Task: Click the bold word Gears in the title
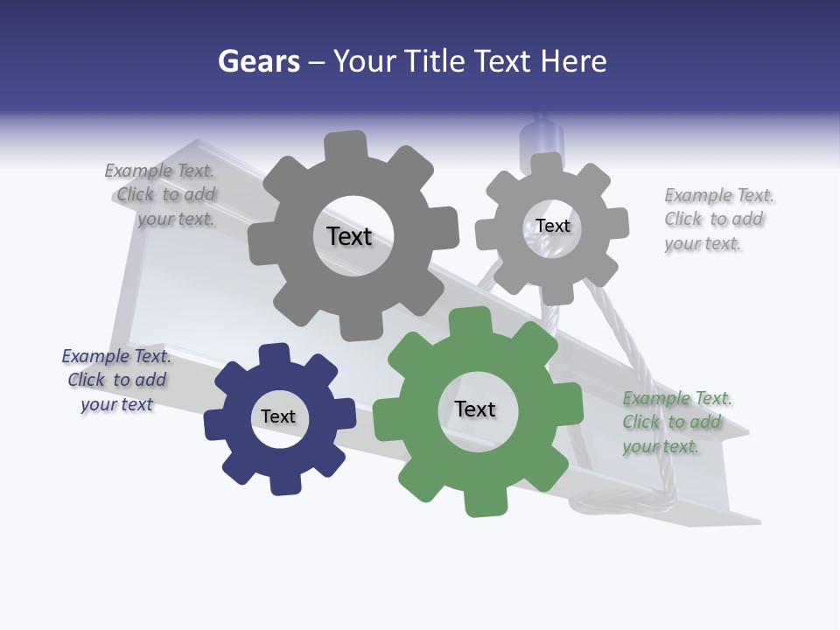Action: point(259,61)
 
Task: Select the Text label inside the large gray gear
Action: point(349,236)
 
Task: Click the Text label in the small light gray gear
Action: point(552,226)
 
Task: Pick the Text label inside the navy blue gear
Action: point(278,416)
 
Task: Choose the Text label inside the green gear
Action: point(475,409)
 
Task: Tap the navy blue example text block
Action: point(115,381)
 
